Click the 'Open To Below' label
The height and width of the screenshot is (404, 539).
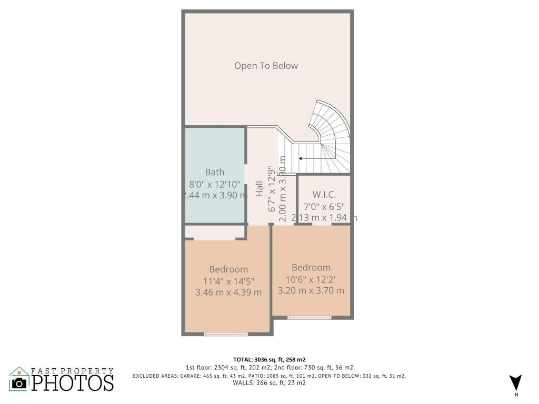266,66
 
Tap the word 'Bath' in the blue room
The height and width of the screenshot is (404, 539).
214,172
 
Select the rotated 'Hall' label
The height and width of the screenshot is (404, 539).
259,189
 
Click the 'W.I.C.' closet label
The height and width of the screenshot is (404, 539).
324,195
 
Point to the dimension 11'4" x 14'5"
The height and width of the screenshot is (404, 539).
228,281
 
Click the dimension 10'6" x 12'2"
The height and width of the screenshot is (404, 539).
311,279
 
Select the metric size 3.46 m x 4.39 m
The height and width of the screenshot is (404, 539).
228,292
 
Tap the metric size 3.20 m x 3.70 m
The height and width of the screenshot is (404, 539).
311,290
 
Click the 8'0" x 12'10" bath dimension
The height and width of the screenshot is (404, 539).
214,184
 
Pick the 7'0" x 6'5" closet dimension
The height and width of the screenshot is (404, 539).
324,206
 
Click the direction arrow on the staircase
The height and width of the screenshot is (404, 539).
311,158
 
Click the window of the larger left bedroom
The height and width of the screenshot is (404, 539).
226,334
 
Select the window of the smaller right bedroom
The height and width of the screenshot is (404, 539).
310,317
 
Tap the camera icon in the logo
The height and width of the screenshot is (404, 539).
19,383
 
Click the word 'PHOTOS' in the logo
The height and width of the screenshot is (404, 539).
73,382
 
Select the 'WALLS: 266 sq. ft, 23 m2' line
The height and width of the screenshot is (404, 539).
269,383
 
